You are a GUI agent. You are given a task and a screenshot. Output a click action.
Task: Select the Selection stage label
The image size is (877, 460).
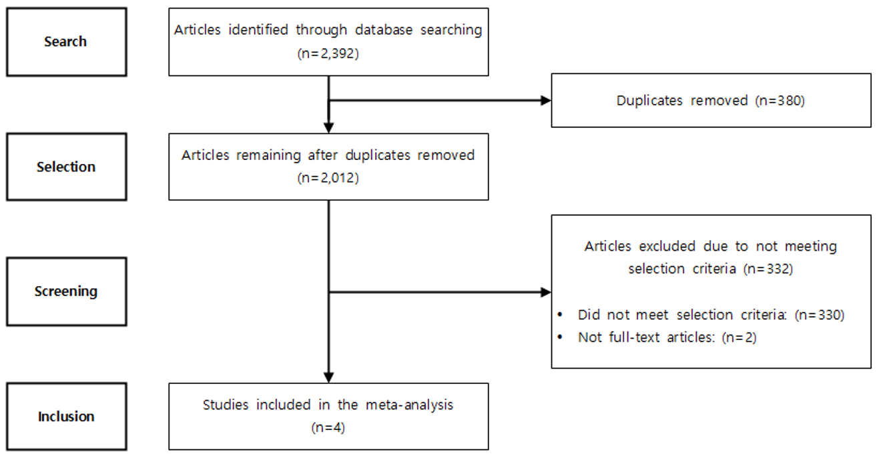coord(66,167)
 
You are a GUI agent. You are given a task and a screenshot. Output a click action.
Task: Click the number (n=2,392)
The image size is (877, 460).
coord(328,53)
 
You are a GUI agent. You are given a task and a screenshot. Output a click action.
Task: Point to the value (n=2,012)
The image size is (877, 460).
coord(328,178)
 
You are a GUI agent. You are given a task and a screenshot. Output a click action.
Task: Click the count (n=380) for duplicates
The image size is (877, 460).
coord(780,101)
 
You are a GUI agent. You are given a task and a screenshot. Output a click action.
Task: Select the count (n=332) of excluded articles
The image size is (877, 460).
coord(768,269)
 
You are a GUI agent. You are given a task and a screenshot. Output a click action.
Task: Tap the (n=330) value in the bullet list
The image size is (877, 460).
coord(820,315)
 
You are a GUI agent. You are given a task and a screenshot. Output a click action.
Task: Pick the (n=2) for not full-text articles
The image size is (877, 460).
coord(740,337)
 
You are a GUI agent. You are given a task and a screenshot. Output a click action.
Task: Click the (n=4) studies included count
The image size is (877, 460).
coord(328,427)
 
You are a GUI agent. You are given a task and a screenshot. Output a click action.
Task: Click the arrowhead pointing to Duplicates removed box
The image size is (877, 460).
coord(546,101)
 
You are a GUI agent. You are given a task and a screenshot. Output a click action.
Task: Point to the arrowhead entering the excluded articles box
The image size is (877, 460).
coord(546,292)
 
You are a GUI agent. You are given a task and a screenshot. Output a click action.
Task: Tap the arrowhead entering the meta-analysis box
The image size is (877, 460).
coord(328,377)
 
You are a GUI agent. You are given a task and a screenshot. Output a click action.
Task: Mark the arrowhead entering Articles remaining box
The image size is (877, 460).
coord(328,128)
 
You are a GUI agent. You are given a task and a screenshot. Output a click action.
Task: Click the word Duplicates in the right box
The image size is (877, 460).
coord(649,101)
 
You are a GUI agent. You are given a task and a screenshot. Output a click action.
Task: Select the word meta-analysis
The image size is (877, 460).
coord(410,405)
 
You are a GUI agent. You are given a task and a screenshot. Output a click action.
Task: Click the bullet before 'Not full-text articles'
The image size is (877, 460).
coord(560,337)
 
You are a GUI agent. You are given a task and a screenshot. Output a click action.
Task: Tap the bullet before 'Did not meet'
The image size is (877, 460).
coord(560,315)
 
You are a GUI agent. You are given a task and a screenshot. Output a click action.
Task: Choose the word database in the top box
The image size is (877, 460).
coord(384,30)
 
